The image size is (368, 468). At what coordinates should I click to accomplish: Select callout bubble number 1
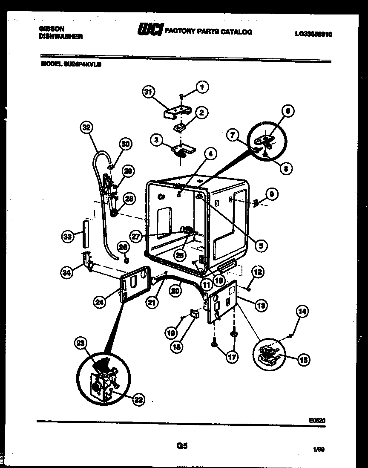point(201,87)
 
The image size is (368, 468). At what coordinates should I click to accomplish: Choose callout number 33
point(67,237)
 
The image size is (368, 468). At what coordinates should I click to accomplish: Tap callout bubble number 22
point(138,399)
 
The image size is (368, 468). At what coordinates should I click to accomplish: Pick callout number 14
point(302,312)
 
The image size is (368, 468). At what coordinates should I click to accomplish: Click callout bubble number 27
point(136,237)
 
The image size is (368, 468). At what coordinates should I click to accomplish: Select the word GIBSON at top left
point(52,29)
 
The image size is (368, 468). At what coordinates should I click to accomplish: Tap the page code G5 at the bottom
point(182,446)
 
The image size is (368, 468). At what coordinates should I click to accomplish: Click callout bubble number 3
point(157,140)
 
